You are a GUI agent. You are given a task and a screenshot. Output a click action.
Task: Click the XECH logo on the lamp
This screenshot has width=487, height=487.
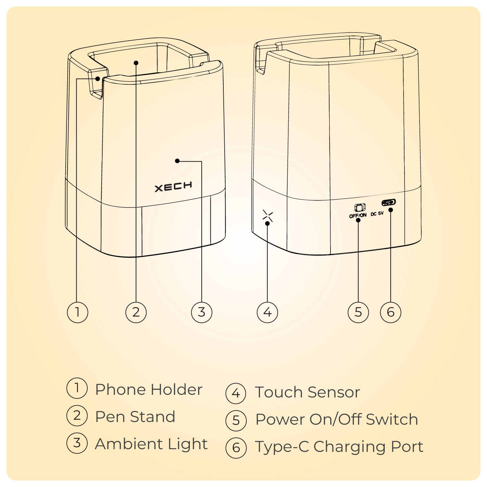pos(173,187)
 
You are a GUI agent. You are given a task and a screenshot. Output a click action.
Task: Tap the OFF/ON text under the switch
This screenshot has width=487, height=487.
pos(358,215)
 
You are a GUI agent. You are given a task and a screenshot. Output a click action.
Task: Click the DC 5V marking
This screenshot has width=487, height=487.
pos(377,214)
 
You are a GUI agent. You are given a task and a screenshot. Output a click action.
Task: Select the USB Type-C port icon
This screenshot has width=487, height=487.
pos(389,202)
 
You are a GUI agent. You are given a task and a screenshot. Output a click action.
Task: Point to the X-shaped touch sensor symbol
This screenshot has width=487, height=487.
pos(268,216)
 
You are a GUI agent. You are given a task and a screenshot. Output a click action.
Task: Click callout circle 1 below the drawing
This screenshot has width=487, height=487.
pos(77,312)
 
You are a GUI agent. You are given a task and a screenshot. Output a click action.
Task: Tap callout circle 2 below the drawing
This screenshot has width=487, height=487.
pos(136,312)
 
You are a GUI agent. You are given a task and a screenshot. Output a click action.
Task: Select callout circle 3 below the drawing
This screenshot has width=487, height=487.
pos(202,312)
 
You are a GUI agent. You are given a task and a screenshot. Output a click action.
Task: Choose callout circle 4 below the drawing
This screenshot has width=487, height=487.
pos(267,312)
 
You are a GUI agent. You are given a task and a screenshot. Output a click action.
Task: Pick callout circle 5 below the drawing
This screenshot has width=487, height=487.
pos(358,312)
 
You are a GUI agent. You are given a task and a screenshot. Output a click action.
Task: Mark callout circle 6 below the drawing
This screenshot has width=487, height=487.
pos(391,312)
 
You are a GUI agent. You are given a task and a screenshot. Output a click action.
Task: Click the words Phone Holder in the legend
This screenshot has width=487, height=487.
pos(149,389)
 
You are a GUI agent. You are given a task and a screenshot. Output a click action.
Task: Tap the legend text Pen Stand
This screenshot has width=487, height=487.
pos(135,417)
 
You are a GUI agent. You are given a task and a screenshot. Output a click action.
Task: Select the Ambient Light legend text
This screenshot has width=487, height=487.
pos(151,444)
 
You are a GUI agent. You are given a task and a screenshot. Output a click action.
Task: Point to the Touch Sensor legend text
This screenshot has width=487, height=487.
pos(307,392)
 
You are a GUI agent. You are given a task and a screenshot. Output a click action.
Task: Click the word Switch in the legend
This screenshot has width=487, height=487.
pos(392,419)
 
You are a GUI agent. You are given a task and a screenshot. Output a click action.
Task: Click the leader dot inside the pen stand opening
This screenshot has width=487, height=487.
pos(136,63)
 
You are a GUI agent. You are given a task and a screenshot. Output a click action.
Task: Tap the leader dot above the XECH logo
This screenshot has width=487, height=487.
pos(177,161)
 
